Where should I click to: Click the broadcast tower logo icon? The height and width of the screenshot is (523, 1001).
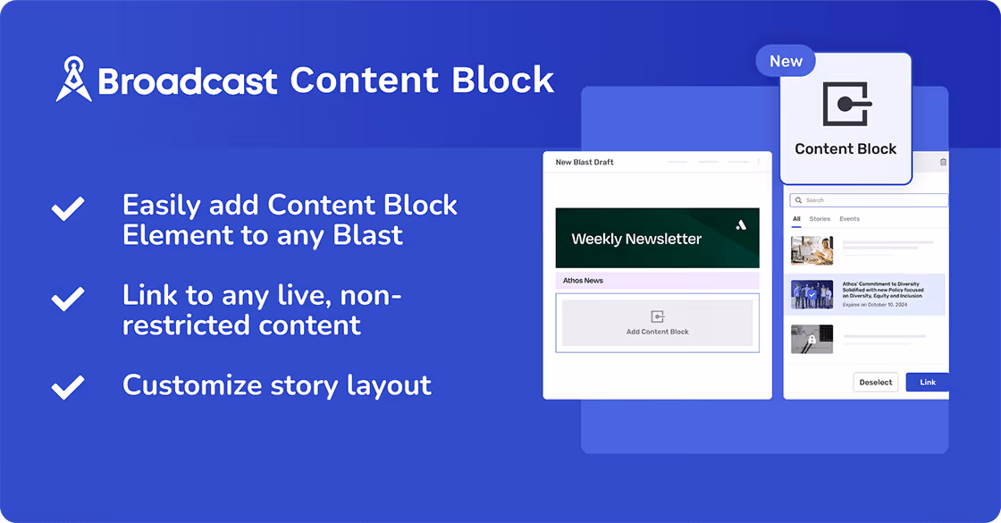pos(73,80)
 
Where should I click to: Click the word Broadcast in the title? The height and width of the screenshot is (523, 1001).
pos(188,81)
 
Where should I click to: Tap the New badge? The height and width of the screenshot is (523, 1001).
pos(786,61)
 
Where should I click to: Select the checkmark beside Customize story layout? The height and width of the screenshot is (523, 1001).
pos(68,386)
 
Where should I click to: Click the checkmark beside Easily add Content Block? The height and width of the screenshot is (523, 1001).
pos(68,208)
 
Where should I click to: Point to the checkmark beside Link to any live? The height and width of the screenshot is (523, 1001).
pos(68,299)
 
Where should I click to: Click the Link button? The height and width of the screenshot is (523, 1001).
pos(927,382)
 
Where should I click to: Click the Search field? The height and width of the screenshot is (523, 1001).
pos(867,200)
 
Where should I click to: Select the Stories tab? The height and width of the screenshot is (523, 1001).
pos(820,219)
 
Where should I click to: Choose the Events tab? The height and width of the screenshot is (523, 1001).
pos(849,219)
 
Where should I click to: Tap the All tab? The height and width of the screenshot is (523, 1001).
pos(796,219)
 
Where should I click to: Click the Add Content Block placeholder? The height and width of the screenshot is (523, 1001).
pos(657,323)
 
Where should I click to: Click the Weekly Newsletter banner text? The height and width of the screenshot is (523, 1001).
pos(636,239)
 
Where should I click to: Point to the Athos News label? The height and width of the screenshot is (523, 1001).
pos(583,281)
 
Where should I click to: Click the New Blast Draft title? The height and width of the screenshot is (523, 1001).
pos(585,163)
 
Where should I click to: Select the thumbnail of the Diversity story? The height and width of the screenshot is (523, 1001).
pos(812,294)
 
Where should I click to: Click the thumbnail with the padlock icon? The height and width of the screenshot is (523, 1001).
pos(812,339)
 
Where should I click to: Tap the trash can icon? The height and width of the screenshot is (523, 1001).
pos(943,162)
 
